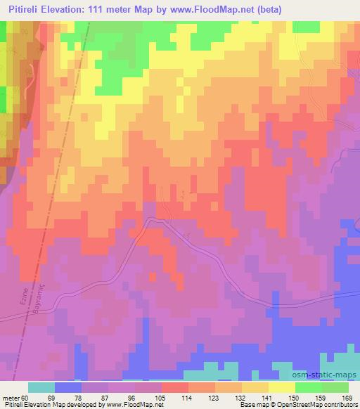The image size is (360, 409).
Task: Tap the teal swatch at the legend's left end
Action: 41,387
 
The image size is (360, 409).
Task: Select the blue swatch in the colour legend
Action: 68,387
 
